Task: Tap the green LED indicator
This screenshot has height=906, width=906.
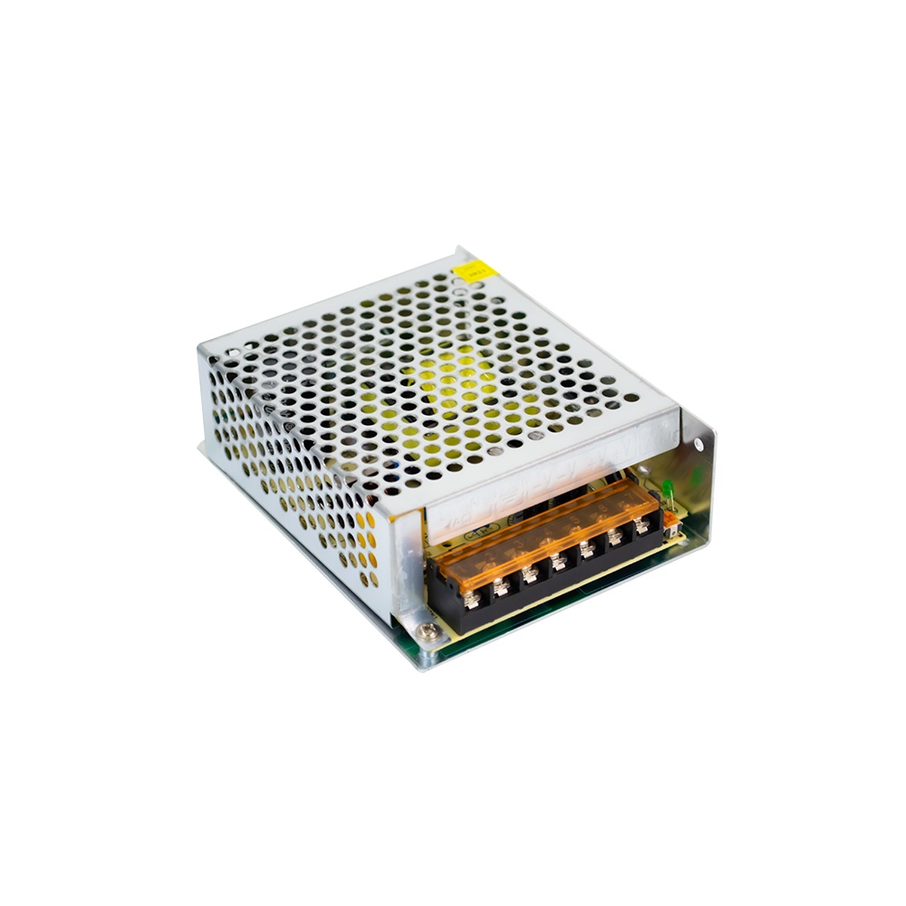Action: click(666, 490)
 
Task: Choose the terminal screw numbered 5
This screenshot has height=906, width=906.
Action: click(586, 547)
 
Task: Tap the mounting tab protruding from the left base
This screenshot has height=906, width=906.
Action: click(204, 447)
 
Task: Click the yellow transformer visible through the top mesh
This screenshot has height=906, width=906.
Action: click(453, 390)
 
